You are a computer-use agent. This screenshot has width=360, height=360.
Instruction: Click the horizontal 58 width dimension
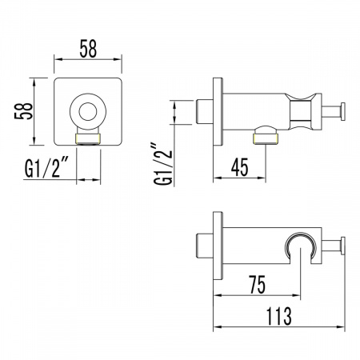point(88,49)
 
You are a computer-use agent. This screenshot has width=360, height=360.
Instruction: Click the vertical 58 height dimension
point(23,111)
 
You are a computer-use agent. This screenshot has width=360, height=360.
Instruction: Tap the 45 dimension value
point(240,167)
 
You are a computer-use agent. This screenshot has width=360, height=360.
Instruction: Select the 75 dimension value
point(258,285)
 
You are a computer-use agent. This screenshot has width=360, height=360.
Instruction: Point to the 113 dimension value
point(279,316)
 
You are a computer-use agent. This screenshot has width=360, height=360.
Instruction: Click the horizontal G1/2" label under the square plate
point(47,168)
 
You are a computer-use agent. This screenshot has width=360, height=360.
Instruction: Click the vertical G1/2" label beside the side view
point(163,164)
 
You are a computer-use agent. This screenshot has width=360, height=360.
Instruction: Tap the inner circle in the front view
point(88,111)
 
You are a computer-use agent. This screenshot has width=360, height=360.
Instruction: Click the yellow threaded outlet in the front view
point(88,139)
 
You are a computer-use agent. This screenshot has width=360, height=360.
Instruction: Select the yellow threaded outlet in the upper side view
point(266,139)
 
